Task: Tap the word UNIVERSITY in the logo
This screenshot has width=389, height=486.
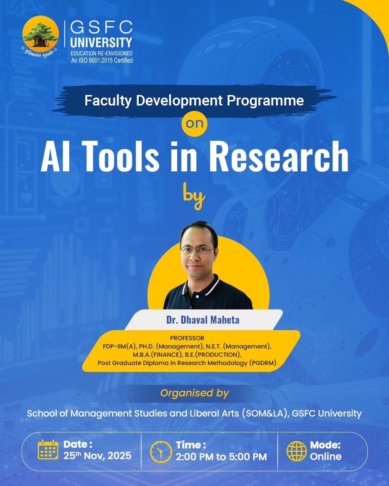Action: click(x=101, y=42)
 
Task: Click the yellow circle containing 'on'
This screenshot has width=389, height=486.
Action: click(x=194, y=123)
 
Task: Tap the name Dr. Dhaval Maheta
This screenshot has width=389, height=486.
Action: click(x=203, y=320)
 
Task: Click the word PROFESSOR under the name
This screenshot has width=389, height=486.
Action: click(x=187, y=338)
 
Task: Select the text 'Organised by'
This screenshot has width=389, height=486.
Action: click(x=194, y=393)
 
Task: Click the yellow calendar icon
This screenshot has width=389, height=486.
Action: click(x=48, y=450)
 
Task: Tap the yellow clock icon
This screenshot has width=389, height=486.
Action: click(x=161, y=451)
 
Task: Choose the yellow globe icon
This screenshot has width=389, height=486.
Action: click(x=296, y=451)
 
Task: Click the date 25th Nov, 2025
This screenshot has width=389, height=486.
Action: click(x=97, y=456)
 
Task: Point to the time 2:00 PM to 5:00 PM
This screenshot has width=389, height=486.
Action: click(x=221, y=457)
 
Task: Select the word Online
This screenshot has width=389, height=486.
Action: click(x=326, y=456)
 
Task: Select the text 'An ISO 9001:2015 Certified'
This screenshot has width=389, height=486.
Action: click(x=102, y=60)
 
